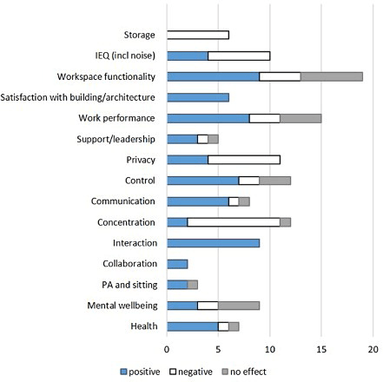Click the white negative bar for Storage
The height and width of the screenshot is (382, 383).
(197, 35)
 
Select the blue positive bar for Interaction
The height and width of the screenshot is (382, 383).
(213, 243)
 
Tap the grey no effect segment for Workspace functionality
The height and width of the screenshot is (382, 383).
(332, 76)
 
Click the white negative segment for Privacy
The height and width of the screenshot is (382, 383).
(244, 160)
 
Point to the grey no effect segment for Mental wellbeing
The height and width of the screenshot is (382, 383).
(239, 306)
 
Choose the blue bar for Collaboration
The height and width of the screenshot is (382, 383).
(177, 264)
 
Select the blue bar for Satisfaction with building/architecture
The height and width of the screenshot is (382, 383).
(197, 97)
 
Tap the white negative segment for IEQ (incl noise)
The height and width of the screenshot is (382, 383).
(239, 56)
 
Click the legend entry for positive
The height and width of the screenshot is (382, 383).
(139, 371)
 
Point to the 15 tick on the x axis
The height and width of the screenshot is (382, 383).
(321, 348)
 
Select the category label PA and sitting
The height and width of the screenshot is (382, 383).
(128, 285)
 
